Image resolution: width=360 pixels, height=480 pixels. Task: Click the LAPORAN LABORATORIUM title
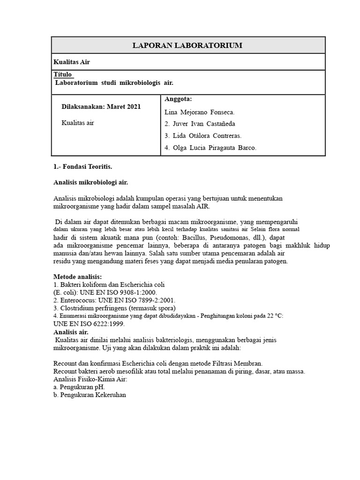coord(187,45)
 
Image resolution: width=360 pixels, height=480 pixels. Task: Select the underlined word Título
coord(63,75)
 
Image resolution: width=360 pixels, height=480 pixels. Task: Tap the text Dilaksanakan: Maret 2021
coord(101,107)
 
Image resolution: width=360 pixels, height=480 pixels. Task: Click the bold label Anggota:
coord(178,99)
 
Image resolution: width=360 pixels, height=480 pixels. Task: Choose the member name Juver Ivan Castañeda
coord(200,124)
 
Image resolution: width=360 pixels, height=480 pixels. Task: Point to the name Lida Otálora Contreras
coord(203,136)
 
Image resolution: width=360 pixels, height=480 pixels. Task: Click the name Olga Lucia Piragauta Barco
coord(210,148)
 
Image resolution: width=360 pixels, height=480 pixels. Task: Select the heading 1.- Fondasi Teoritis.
coord(82,166)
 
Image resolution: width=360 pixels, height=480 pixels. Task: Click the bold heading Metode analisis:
coord(78,277)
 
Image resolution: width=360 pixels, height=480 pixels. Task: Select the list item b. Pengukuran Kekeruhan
coord(90,395)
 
